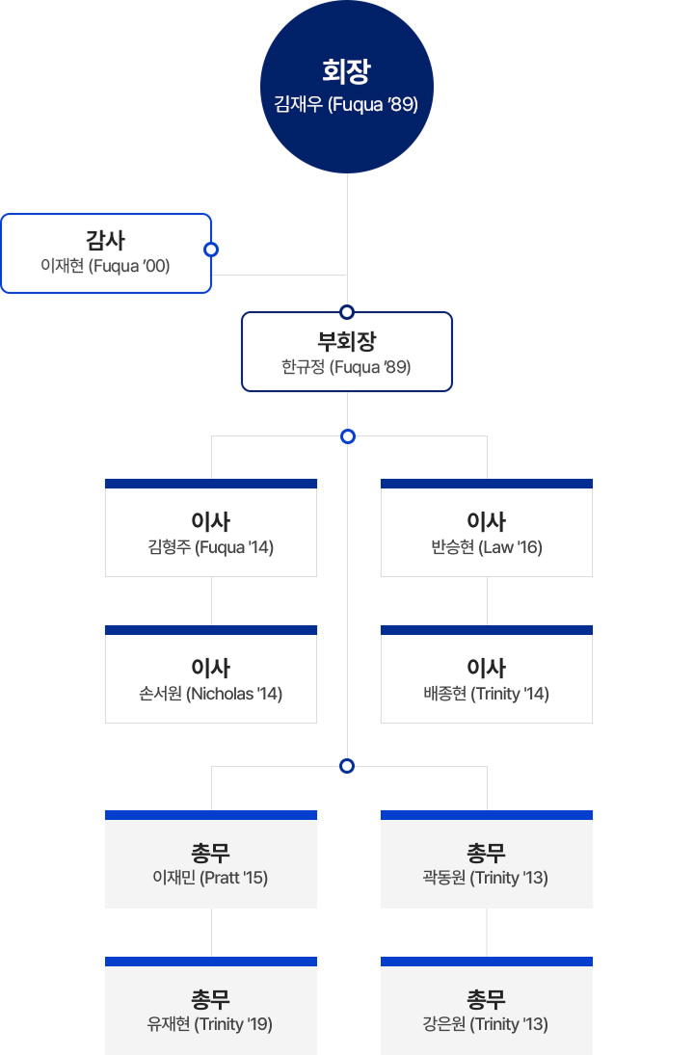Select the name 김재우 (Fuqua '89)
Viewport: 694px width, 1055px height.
pos(346,104)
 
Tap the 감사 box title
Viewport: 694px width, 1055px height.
pos(105,240)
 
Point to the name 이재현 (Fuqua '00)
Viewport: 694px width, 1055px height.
pos(105,265)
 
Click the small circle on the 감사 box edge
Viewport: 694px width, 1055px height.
pos(211,250)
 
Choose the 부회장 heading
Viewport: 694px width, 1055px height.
pos(347,341)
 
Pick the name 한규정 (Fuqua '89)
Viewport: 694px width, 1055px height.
pos(346,366)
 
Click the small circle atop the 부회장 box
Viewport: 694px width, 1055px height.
pos(347,311)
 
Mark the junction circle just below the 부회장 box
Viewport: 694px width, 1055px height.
pos(347,436)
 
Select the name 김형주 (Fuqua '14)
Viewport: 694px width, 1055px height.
pos(211,547)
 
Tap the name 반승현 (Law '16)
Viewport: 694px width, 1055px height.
pos(487,547)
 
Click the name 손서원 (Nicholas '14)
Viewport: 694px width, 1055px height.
pos(211,694)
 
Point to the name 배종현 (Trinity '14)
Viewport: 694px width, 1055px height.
pos(487,694)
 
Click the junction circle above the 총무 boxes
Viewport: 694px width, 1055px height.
pos(347,766)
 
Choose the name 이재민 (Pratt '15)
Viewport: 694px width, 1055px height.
pos(211,878)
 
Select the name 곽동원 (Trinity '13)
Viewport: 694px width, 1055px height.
pos(487,878)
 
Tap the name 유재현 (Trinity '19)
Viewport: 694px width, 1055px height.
pos(211,1024)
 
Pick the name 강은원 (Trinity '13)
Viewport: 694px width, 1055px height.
pos(487,1024)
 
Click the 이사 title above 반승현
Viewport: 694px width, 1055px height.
pos(487,521)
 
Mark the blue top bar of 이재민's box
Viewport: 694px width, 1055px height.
pos(211,815)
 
